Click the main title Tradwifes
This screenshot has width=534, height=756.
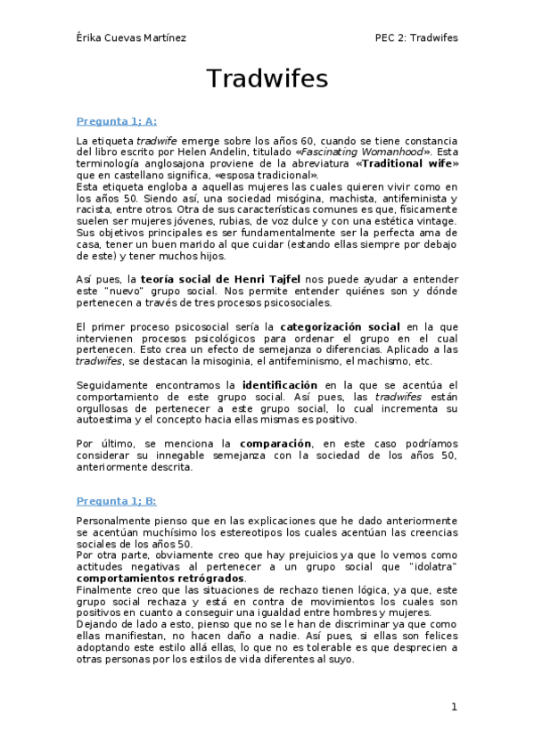[x=267, y=79]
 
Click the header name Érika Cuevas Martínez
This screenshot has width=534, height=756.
[x=133, y=37]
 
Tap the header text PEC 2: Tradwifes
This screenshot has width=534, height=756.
[x=416, y=37]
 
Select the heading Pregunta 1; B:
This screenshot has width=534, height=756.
[x=117, y=501]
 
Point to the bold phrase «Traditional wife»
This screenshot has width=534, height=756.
[x=407, y=164]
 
